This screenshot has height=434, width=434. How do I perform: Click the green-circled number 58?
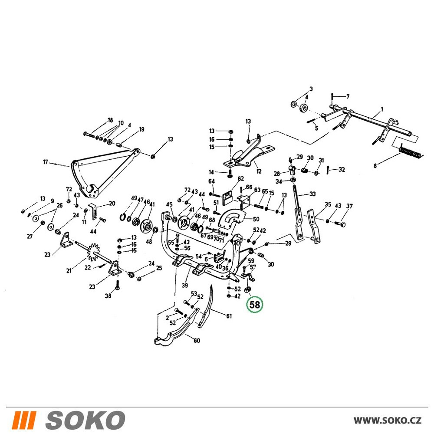tap(255, 305)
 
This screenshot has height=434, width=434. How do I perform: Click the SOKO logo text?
tap(85, 420)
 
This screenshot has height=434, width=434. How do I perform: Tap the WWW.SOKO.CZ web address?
tap(388, 421)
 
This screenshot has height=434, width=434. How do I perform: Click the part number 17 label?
tap(46, 162)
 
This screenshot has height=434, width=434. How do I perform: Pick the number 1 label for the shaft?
tap(382, 109)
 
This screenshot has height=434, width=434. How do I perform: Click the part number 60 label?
tap(197, 340)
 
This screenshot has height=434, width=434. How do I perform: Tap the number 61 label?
tap(229, 316)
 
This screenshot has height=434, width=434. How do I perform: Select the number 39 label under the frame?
tap(184, 285)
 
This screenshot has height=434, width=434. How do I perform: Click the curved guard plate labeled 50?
tap(232, 220)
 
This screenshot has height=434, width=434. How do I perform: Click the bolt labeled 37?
tap(340, 223)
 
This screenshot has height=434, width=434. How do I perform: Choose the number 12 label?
tap(259, 171)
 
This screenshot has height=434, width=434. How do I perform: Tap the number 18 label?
tap(110, 120)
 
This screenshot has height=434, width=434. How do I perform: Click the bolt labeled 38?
tap(118, 286)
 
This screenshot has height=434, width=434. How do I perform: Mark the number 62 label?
tap(240, 178)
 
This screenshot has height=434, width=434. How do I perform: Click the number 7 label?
tap(348, 96)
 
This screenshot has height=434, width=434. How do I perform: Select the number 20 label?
tap(112, 204)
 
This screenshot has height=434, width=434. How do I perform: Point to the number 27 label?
tap(30, 236)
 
